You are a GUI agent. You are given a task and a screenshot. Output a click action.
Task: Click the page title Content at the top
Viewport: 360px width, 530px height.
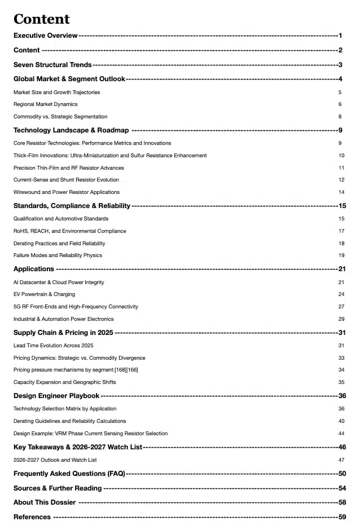[x=41, y=19]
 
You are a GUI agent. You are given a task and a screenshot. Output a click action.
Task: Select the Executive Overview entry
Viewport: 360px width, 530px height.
[x=46, y=36]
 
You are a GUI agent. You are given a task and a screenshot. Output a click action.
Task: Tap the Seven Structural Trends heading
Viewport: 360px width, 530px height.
[x=52, y=65]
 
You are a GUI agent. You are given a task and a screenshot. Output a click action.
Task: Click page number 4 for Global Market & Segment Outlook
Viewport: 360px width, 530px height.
[x=341, y=79]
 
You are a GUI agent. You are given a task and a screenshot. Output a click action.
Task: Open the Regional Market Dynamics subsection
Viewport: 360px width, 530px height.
[x=46, y=104]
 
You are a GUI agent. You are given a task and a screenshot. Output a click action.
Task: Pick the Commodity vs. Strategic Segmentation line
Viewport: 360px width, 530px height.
[x=60, y=117]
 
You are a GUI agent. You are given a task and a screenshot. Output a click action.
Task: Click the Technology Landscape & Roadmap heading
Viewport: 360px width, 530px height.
[x=71, y=130]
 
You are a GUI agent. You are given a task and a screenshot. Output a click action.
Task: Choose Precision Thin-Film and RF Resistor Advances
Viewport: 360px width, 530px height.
[x=69, y=168]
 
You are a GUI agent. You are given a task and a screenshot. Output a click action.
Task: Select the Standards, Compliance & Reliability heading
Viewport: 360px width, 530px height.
[x=72, y=206]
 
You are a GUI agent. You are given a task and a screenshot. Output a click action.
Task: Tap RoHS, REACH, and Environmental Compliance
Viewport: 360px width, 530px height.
[x=70, y=231]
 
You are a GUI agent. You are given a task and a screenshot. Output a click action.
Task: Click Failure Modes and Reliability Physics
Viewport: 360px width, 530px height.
[x=58, y=255]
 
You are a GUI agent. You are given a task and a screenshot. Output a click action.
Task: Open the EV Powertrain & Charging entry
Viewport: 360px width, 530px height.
[x=44, y=294]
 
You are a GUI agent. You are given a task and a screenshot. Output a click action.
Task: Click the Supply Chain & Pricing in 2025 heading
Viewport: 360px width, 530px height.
[x=63, y=333]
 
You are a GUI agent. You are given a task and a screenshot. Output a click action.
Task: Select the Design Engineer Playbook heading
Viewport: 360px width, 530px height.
[x=56, y=396]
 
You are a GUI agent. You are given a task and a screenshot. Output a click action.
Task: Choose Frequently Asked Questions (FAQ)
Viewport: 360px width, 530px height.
[x=69, y=474]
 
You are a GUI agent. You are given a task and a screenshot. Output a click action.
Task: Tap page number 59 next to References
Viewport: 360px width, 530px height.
[x=342, y=517]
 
